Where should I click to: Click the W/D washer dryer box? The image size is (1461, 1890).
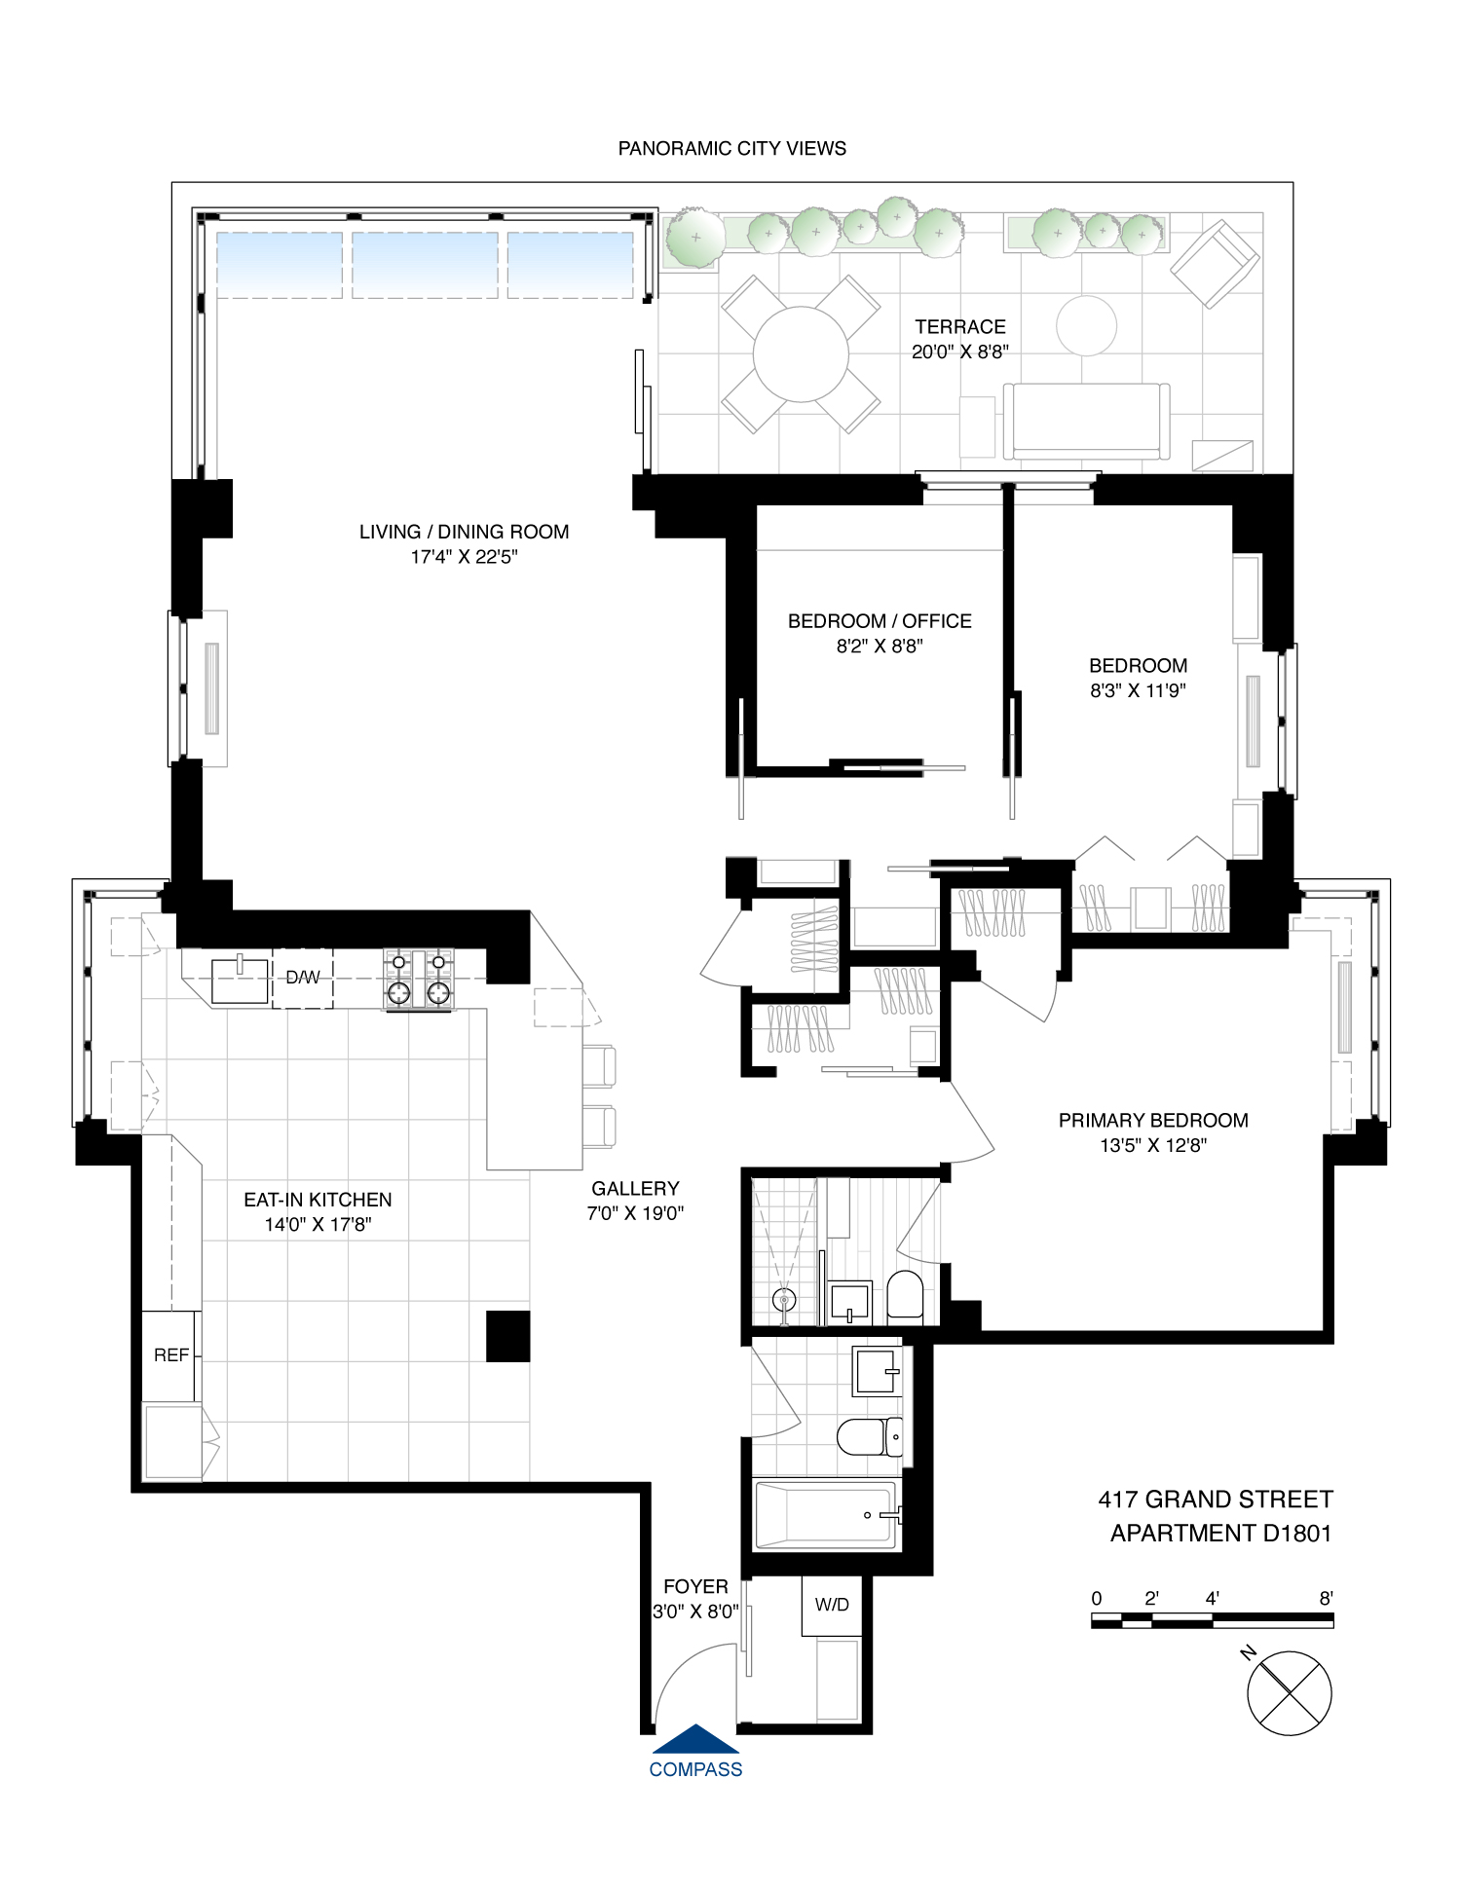(x=832, y=1605)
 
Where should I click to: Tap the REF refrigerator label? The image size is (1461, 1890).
(x=170, y=1355)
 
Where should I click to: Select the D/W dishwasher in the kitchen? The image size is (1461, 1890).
(x=302, y=978)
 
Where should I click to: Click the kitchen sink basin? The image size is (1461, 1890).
(x=240, y=981)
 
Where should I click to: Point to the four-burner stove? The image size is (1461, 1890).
(x=419, y=979)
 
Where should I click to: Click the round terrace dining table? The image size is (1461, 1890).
(x=801, y=354)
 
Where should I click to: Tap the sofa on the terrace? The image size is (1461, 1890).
(x=1086, y=421)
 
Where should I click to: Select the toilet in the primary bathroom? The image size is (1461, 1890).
(x=905, y=1295)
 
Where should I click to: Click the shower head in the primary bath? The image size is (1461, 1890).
(x=783, y=1299)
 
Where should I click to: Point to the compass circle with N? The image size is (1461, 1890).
(x=1289, y=1693)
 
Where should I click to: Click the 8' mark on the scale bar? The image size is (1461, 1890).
(x=1326, y=1598)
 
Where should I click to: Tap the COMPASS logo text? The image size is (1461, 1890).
(x=695, y=1769)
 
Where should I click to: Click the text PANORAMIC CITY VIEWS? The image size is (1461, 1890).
(x=731, y=148)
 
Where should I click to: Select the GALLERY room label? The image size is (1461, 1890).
(x=635, y=1188)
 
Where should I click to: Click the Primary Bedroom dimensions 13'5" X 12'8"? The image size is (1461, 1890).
(x=1153, y=1145)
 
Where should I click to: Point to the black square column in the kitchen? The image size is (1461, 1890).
(x=508, y=1336)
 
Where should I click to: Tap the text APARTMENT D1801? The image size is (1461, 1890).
(x=1220, y=1533)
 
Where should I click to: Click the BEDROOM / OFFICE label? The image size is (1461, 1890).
(x=880, y=621)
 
